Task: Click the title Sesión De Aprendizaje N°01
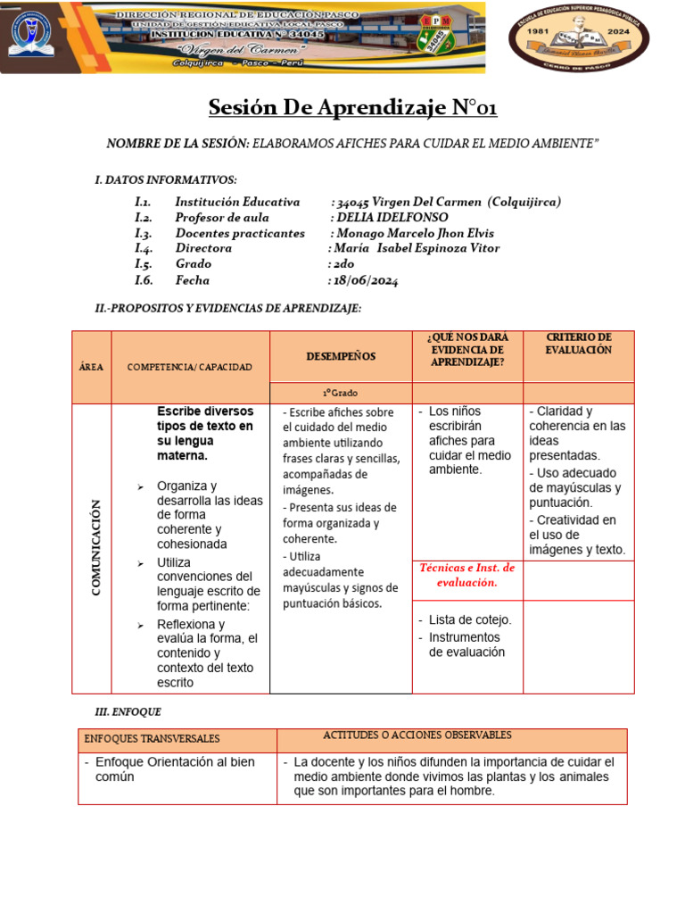point(352,108)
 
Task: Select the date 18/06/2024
point(366,280)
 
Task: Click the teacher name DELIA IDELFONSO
point(391,217)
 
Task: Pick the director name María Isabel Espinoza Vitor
point(417,248)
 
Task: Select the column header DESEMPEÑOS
point(341,356)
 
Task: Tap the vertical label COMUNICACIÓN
point(95,548)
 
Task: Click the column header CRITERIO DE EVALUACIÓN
point(578,344)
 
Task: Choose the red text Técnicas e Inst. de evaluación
point(466,575)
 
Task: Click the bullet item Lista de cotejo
point(470,619)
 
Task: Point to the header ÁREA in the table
point(94,367)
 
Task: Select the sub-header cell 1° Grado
point(340,393)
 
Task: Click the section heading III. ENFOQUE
point(128,711)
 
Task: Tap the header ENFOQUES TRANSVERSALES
point(152,739)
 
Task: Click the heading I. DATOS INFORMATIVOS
point(166,179)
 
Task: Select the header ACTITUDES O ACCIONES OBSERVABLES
point(417,735)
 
